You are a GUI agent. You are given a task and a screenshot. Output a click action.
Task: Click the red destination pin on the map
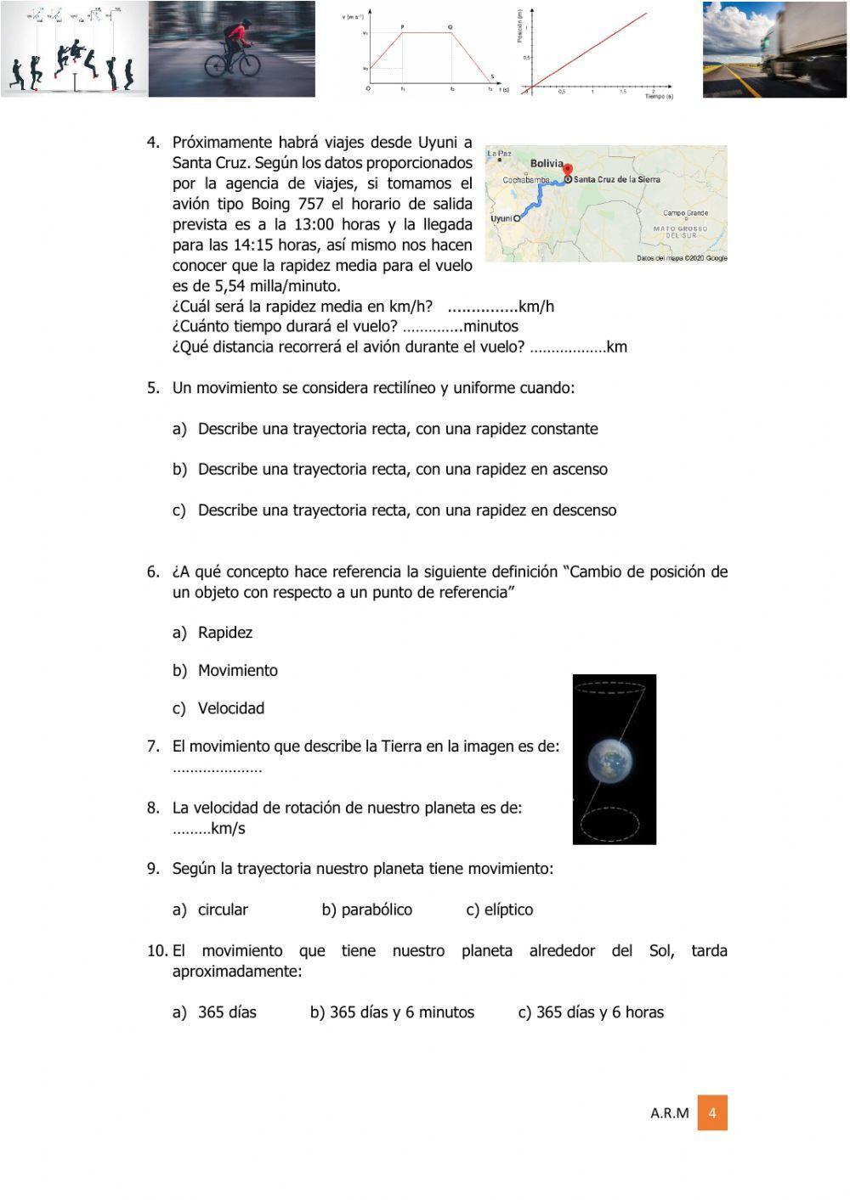569,170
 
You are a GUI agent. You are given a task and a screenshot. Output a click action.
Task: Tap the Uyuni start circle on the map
516,218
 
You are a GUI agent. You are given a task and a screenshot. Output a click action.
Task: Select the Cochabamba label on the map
526,180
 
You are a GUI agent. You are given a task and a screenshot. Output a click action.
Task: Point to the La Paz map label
500,154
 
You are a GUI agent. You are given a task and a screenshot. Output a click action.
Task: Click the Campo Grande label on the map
685,213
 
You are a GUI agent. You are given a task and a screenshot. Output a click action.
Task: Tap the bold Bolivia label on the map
547,163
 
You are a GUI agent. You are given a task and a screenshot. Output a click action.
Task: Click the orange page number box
712,1113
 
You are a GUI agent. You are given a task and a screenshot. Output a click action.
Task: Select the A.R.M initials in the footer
670,1113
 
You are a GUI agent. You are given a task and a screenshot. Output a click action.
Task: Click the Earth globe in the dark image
614,761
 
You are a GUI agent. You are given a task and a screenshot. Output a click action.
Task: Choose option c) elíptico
500,910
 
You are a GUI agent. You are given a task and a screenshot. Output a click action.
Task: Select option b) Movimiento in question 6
225,670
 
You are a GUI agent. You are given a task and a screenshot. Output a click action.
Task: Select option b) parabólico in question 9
366,910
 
